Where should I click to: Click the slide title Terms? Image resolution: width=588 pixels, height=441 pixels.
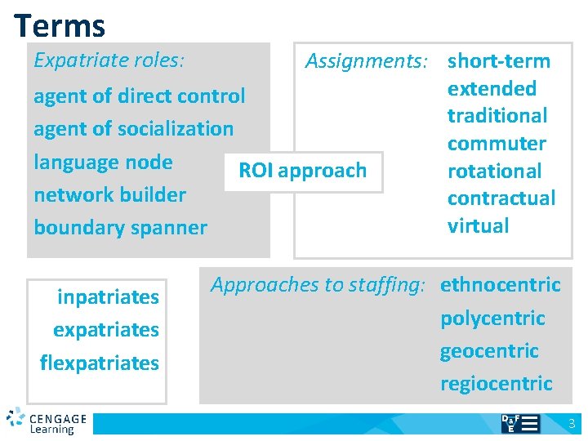[x=60, y=25]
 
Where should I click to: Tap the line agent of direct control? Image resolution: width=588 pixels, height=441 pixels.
[x=139, y=96]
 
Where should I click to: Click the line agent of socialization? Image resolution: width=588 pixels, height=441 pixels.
[x=133, y=129]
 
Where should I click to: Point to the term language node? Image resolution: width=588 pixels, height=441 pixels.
[x=103, y=162]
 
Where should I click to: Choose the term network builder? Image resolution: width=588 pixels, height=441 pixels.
[x=109, y=194]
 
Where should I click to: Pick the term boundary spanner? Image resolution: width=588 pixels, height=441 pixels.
[x=120, y=227]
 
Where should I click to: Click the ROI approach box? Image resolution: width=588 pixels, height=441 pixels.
[x=302, y=171]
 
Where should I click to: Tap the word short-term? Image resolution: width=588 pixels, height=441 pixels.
[x=499, y=60]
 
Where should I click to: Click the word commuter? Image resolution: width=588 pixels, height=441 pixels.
[x=497, y=143]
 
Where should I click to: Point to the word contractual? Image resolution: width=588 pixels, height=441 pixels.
[x=501, y=198]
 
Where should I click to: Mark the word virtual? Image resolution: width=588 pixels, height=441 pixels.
[x=479, y=226]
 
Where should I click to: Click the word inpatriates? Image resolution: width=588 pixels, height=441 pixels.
[x=108, y=297]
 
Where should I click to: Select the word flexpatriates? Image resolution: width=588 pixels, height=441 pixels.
[x=100, y=363]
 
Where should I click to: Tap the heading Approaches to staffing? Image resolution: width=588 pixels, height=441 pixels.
[x=318, y=285]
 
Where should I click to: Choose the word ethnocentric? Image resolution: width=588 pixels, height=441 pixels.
[x=501, y=285]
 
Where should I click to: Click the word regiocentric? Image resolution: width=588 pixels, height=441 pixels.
[x=497, y=384]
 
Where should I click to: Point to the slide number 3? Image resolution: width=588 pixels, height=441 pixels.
[x=572, y=424]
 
